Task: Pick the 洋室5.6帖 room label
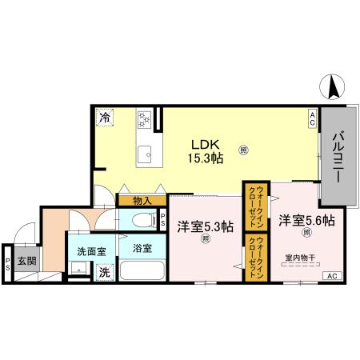[x=306, y=220]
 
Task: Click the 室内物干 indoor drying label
[x=301, y=258]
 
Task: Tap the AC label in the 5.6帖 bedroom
[x=330, y=276]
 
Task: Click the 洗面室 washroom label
[x=90, y=251]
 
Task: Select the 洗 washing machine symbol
[x=104, y=272]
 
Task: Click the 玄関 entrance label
[x=26, y=260]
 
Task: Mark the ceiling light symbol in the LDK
[x=243, y=149]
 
